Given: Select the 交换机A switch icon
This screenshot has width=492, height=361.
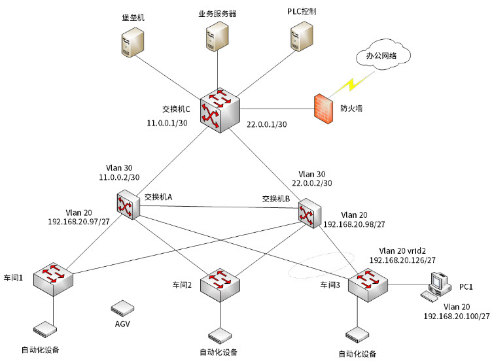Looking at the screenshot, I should tap(126, 205).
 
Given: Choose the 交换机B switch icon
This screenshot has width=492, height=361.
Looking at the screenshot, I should tap(308, 211).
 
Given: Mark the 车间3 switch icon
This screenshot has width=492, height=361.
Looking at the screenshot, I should tap(368, 283).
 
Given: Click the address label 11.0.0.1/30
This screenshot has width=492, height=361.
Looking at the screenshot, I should tap(168, 122).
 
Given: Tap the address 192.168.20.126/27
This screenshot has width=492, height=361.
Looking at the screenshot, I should tap(402, 260).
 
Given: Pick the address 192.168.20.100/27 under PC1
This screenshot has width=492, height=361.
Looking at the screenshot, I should tap(457, 316).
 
